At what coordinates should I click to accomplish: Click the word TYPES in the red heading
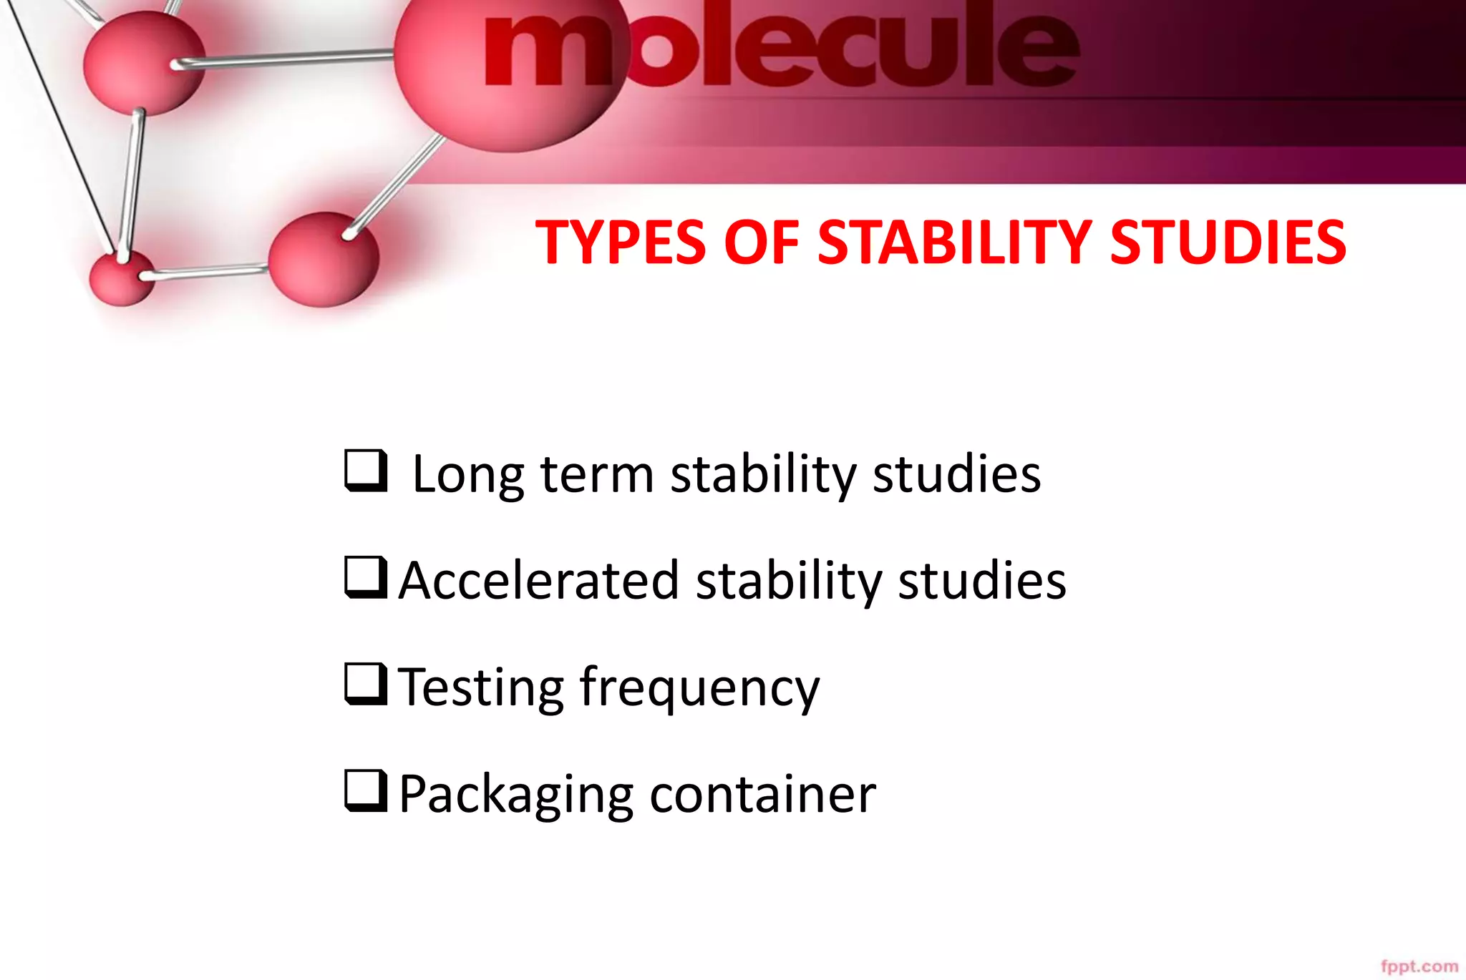tap(621, 242)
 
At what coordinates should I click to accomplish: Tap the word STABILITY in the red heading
tap(954, 242)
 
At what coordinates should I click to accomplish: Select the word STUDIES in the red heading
tap(1228, 242)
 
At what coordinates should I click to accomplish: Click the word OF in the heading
tap(761, 242)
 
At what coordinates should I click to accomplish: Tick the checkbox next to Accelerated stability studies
tap(366, 577)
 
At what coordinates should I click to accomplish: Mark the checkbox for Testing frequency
tap(366, 683)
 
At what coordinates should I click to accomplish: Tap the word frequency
tap(699, 687)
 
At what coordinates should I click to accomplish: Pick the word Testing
tap(481, 687)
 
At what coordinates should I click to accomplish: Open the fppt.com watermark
tap(1419, 966)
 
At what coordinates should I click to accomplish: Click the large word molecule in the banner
tap(780, 46)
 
